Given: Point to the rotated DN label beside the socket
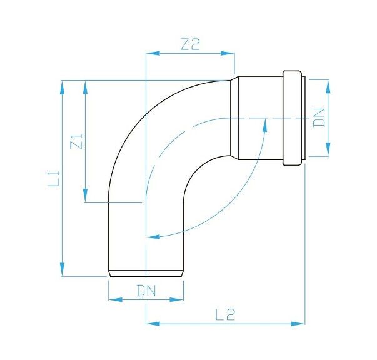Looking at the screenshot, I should point(319,117).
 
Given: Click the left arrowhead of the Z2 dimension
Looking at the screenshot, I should point(151,54).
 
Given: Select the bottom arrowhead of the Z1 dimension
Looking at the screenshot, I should point(85,196).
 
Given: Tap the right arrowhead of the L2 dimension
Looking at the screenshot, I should point(299,324).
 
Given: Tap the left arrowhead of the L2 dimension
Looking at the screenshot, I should point(152,324).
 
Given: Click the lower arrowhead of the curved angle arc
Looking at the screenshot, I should point(152,237).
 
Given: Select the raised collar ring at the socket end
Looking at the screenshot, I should point(293,118).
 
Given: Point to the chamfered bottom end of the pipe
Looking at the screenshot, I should point(146,273).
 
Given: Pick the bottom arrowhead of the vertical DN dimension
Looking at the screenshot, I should point(328,150).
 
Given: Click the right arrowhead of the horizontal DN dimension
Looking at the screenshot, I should point(178,299).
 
